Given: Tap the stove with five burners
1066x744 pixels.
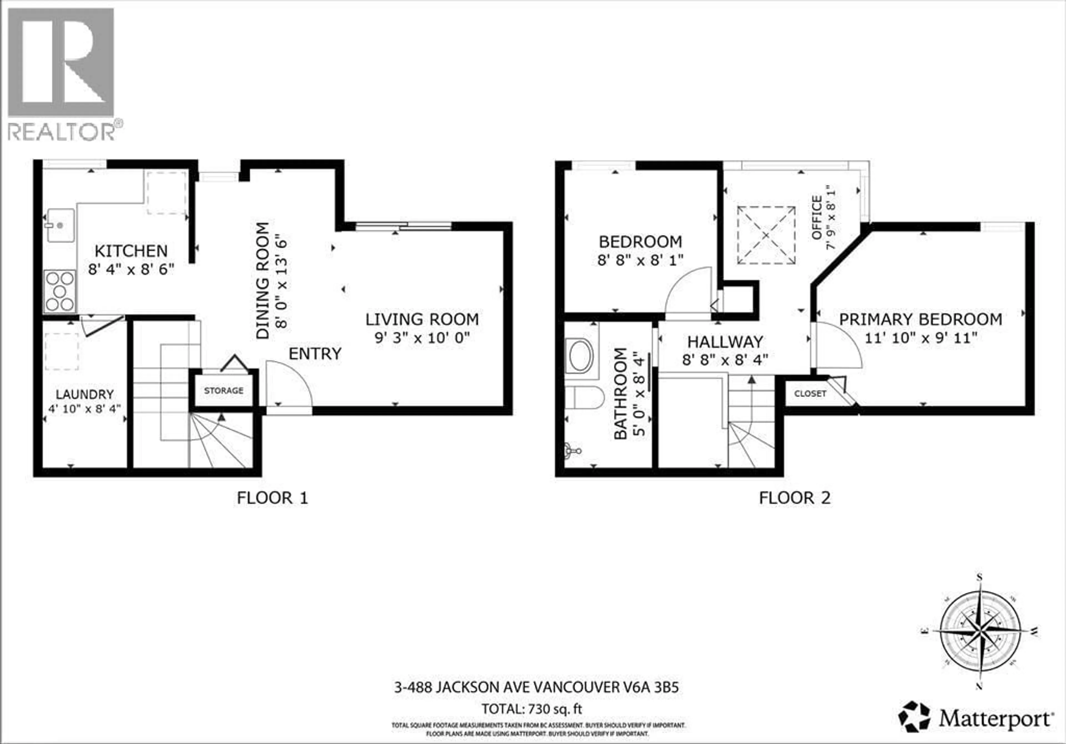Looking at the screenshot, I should coord(60,291).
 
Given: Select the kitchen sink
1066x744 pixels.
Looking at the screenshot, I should coord(60,225).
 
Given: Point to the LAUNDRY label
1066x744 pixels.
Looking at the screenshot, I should coord(84,394).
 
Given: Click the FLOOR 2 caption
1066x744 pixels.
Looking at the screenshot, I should coord(795,498).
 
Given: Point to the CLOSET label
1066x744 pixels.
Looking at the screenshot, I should coord(810,394).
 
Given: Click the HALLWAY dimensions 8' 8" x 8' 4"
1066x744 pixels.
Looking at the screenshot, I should coord(725,360).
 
